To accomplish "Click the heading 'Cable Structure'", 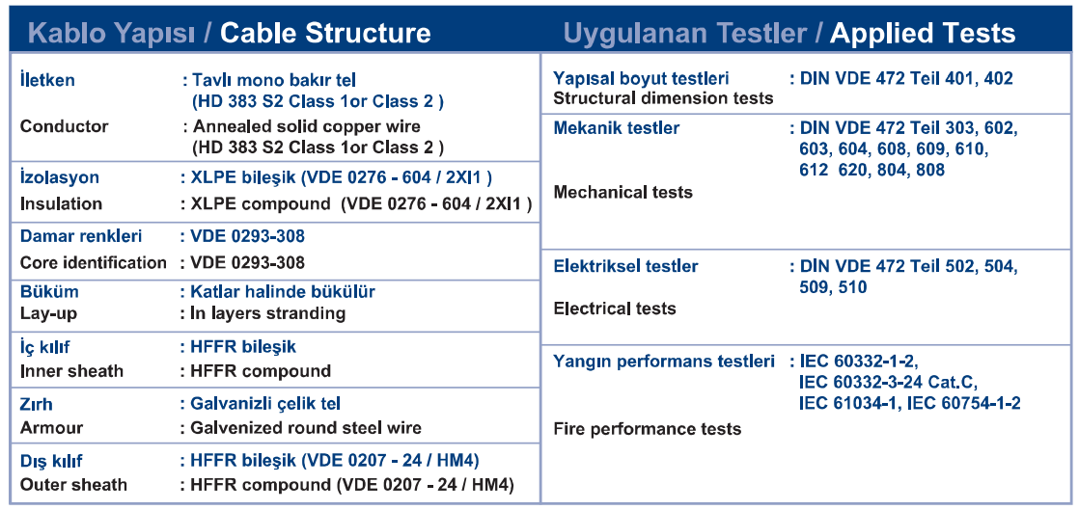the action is coord(325,33).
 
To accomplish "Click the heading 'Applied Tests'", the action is coord(923,33).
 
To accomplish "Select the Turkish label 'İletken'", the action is coord(47,80).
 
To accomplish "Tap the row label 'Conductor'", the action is coord(64,126).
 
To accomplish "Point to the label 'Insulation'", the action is coord(61,204).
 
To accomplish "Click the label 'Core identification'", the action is coord(94,262).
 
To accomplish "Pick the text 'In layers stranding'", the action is coord(267,313).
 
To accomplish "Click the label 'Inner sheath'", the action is coord(71,371).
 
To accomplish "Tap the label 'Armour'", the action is coord(51,427).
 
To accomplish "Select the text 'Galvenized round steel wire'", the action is coord(306,427).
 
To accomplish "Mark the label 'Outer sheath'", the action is coord(73,485).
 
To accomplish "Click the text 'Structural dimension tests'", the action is coord(663,97).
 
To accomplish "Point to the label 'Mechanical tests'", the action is coord(622,192).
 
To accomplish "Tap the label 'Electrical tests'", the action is coord(615,309).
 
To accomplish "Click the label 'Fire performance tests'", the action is coord(648,429).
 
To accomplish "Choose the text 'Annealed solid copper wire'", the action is coord(306,126).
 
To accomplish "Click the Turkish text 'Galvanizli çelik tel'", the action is coord(265,403).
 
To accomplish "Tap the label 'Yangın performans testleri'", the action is coord(664,362).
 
